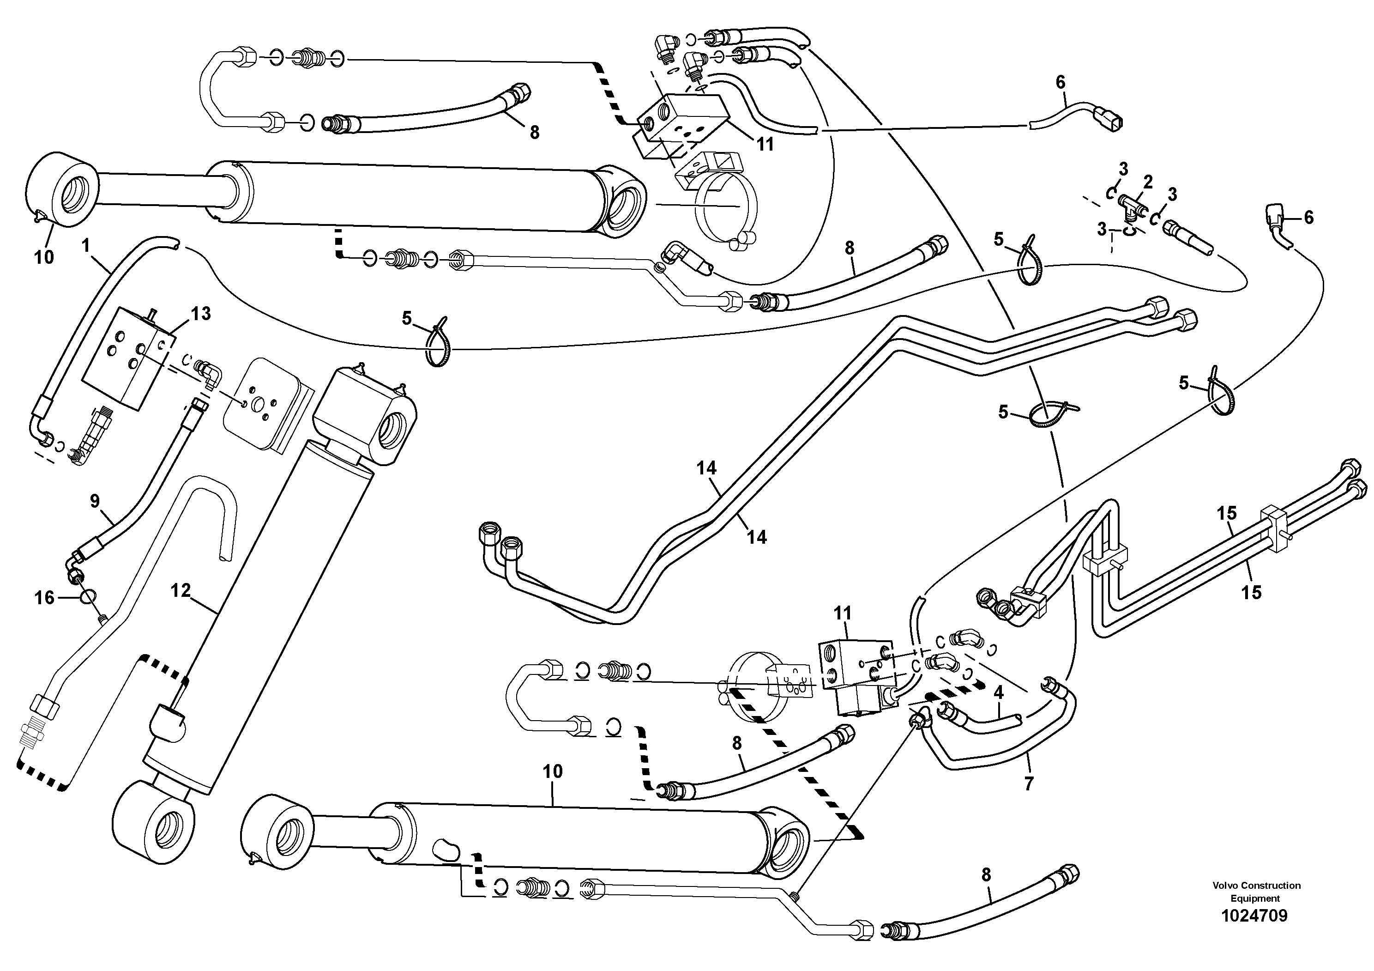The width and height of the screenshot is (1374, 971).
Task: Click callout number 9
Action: click(95, 501)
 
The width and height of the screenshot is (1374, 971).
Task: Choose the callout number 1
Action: click(85, 245)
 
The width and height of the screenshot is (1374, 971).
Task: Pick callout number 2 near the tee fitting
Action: click(1147, 182)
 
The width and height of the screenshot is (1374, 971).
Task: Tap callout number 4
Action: click(998, 692)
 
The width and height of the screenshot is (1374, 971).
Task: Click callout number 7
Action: click(1029, 783)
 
